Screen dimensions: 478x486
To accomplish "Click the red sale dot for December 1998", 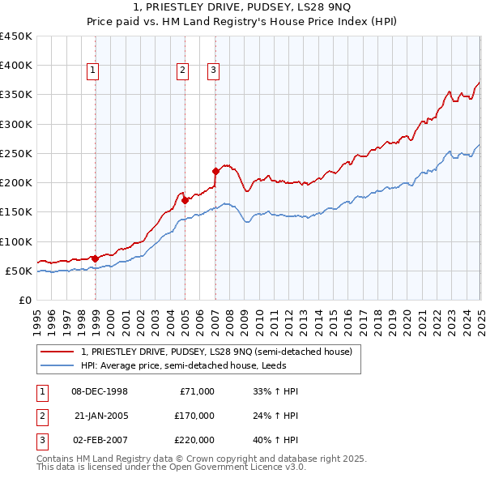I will [95, 258].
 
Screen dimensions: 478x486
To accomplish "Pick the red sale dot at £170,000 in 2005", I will [185, 199].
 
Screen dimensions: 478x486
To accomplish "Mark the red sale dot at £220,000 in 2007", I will [215, 171].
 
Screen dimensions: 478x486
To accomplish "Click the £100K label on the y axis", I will [15, 241].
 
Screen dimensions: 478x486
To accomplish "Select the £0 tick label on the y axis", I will [25, 300].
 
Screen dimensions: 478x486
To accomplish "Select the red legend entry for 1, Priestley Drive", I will [216, 352].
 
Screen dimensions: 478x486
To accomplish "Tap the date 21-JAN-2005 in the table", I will [100, 416].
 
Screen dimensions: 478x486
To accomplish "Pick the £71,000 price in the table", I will [197, 391].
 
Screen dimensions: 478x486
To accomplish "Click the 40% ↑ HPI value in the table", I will [276, 442].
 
